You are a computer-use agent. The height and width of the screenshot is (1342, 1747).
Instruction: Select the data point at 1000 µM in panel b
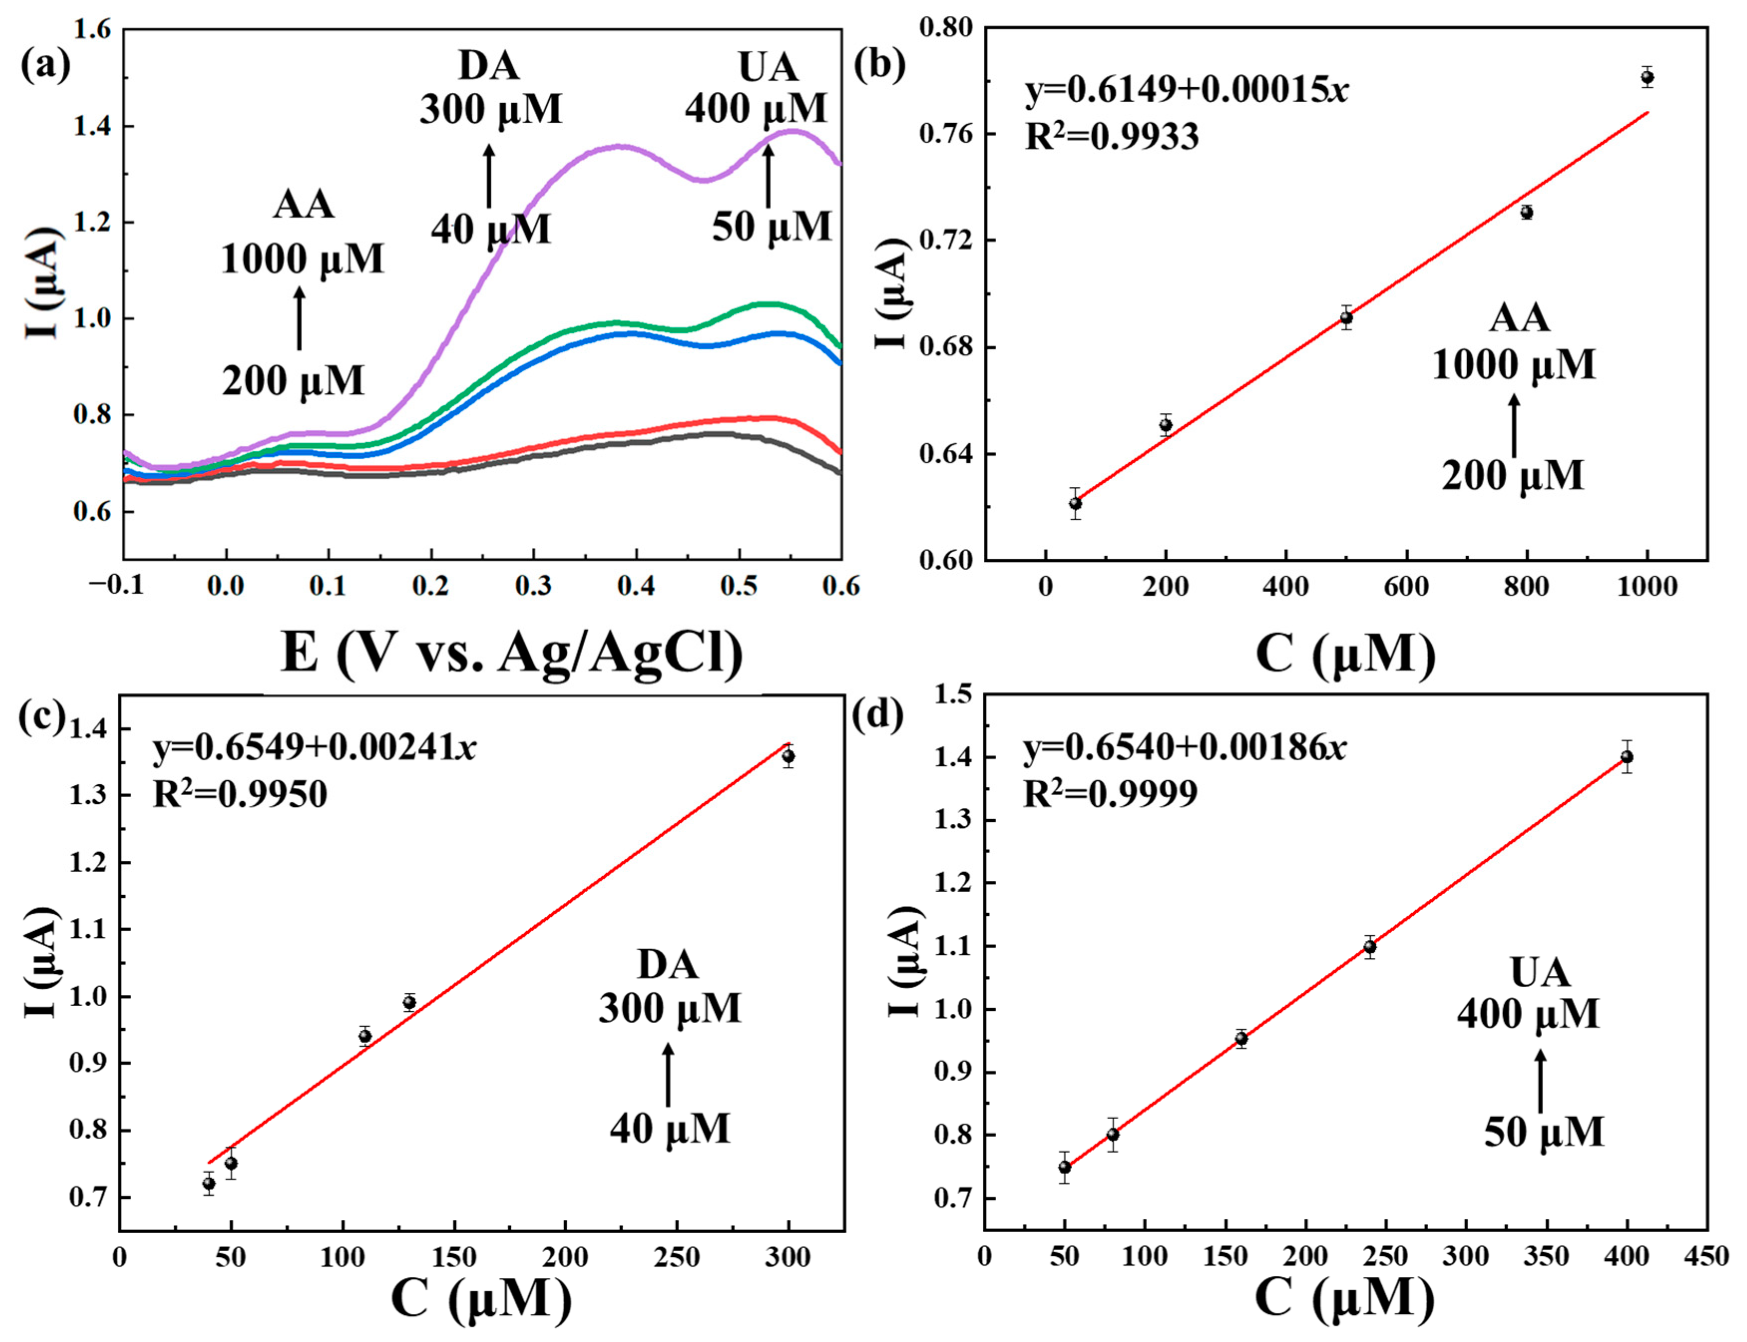(x=1646, y=77)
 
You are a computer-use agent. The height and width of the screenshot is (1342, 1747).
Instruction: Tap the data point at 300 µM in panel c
(x=788, y=756)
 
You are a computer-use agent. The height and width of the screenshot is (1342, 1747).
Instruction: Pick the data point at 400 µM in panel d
(x=1626, y=756)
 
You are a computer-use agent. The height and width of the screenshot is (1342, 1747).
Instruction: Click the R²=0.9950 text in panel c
(x=239, y=794)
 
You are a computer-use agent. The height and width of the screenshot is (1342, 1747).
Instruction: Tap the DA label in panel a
(x=489, y=65)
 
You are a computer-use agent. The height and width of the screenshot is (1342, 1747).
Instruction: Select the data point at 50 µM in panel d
(x=1064, y=1167)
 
